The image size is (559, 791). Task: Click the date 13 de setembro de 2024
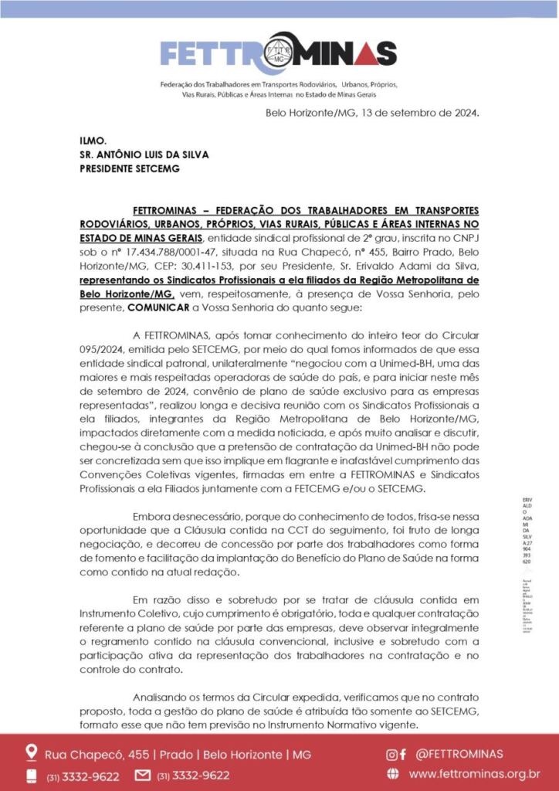pos(418,113)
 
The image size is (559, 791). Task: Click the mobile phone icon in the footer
pos(32,775)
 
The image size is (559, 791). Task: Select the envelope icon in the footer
pos(143,775)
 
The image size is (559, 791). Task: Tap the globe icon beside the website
pos(393,774)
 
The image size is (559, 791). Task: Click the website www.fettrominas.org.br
pos(474,774)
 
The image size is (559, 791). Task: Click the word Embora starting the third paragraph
pos(154,515)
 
